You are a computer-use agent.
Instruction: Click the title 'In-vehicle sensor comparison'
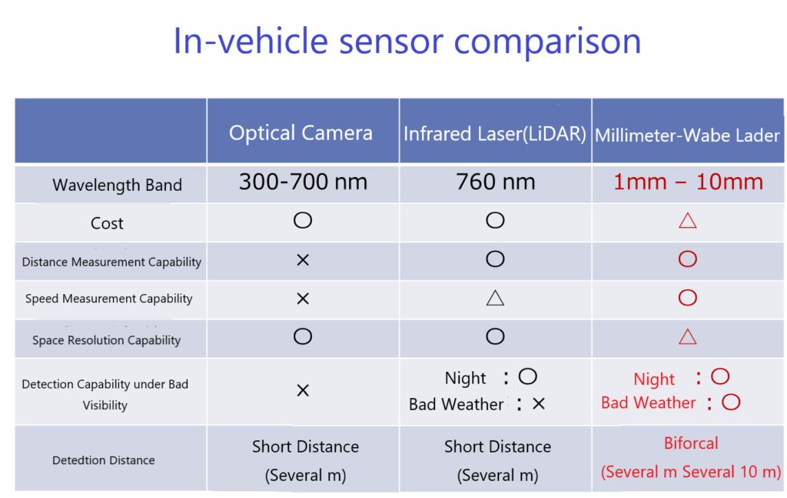click(x=407, y=42)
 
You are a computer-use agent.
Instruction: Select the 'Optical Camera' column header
click(x=301, y=133)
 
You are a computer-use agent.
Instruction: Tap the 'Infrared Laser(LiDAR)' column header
click(x=495, y=134)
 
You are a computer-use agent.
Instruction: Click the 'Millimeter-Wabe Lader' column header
click(x=687, y=135)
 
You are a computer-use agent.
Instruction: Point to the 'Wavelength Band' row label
click(x=117, y=185)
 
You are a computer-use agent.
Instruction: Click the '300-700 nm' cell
click(x=303, y=182)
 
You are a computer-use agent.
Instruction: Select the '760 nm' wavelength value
click(x=496, y=182)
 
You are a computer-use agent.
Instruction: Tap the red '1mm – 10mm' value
click(x=688, y=182)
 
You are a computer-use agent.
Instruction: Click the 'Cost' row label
click(x=107, y=223)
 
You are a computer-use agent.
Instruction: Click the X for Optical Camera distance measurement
click(x=303, y=260)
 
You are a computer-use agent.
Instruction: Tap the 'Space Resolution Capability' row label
click(x=106, y=340)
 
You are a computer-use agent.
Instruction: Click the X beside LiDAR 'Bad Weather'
click(x=539, y=403)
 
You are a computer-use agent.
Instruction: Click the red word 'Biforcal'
click(x=691, y=443)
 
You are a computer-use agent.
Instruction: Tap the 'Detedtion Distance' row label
click(x=104, y=460)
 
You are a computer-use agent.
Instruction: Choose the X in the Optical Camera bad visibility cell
click(x=303, y=390)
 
